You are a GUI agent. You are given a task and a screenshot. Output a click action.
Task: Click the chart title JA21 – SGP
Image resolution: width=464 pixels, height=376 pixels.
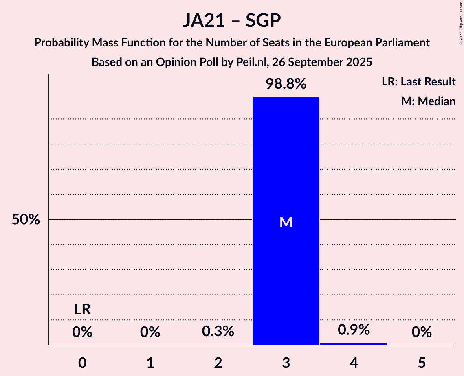point(232,21)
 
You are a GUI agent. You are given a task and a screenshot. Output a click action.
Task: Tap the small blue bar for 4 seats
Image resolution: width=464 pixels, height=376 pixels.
point(354,344)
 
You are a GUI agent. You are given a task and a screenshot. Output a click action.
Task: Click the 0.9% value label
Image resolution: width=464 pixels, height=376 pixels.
point(354,330)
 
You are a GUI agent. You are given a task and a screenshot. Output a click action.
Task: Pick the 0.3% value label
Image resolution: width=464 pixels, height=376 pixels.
point(218,332)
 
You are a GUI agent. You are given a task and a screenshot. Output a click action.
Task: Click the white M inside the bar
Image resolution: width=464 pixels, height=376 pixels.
point(286,222)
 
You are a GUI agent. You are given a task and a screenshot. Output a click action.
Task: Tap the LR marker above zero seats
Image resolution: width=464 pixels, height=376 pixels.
point(82,310)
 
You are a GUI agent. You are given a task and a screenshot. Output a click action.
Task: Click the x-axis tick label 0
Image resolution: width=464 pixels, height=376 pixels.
point(82,363)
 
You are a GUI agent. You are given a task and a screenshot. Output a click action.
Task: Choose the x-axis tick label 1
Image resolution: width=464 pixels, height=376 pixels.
point(150,363)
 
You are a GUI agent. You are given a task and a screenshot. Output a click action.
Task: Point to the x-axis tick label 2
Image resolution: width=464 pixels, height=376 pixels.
point(218,363)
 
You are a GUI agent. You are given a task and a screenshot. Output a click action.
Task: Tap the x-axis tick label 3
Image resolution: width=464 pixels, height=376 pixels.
point(286,363)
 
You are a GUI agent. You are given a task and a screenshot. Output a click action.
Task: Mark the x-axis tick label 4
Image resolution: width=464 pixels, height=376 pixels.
point(354,363)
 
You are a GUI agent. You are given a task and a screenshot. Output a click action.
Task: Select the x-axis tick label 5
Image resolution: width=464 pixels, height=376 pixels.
point(422,363)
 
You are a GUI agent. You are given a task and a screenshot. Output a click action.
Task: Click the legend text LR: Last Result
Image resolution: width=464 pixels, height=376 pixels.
point(419,82)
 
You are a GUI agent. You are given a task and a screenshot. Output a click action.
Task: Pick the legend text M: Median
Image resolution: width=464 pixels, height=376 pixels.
point(428,101)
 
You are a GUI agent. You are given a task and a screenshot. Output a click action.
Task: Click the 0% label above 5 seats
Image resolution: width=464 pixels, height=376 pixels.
point(422,332)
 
